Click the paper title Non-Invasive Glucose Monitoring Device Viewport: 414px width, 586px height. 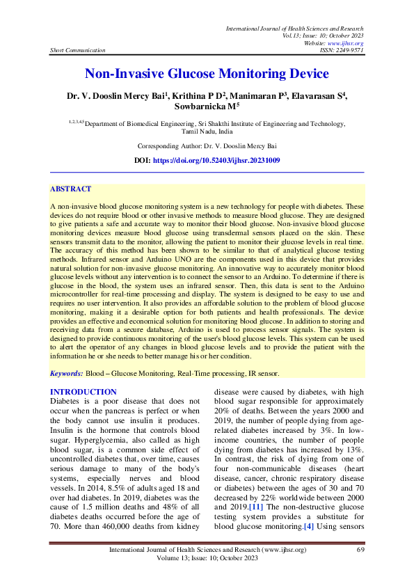click(x=207, y=74)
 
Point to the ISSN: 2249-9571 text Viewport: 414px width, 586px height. click(x=338, y=50)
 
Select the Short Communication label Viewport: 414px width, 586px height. click(x=78, y=50)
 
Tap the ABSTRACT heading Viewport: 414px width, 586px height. click(x=70, y=189)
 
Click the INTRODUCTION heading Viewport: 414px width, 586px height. click(x=83, y=393)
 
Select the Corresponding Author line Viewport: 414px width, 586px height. click(x=207, y=146)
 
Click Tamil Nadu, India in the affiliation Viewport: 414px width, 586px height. click(x=207, y=130)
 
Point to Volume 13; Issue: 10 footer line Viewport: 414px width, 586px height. click(x=207, y=559)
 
